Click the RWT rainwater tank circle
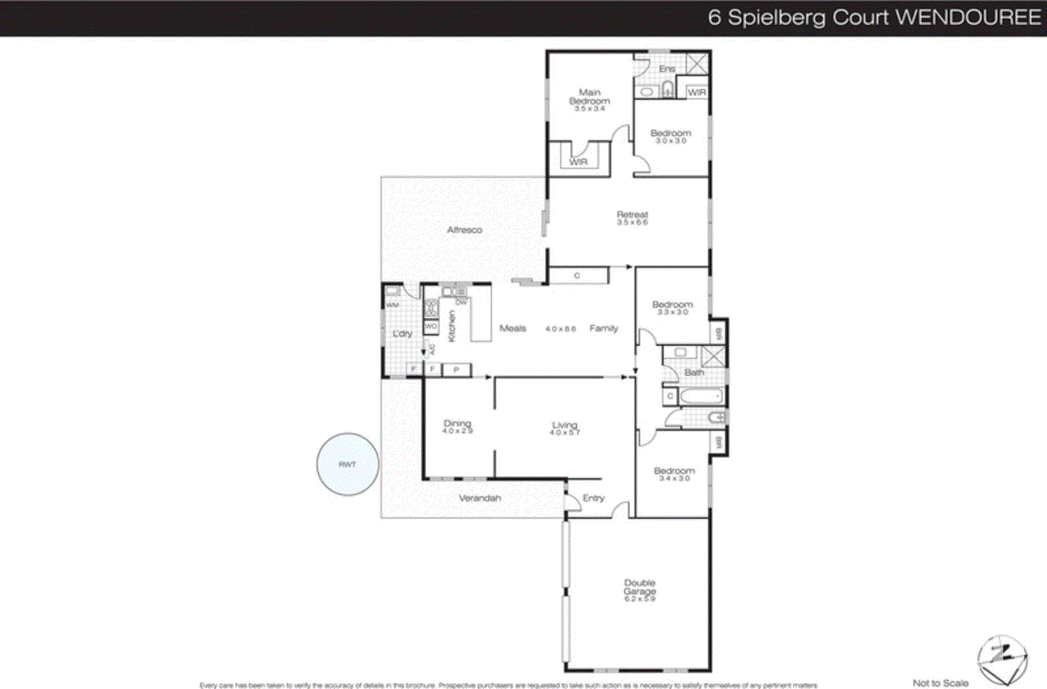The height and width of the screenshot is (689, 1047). point(347,464)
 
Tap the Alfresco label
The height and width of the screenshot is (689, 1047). point(465,230)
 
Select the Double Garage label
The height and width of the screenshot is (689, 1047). point(639,586)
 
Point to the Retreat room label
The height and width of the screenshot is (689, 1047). point(632,214)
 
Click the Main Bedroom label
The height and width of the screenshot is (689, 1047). point(590,97)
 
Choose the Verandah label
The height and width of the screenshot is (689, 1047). point(480,498)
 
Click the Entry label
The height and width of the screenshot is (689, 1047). point(594,498)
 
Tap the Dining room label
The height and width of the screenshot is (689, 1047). point(457,423)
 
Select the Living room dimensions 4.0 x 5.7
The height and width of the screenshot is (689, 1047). point(565,433)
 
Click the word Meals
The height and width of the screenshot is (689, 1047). point(512,328)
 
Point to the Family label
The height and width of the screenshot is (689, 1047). point(603,328)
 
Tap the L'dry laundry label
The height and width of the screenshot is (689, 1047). point(402,333)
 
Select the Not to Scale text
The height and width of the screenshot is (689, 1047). point(940,682)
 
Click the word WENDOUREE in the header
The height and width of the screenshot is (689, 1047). point(968,17)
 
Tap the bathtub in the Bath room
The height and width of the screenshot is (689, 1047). point(701,396)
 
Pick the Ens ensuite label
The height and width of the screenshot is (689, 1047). point(667,68)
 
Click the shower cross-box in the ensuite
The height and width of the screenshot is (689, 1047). point(697,64)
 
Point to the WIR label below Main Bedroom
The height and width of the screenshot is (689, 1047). point(578,161)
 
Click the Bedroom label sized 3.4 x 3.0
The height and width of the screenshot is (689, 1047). point(674,471)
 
